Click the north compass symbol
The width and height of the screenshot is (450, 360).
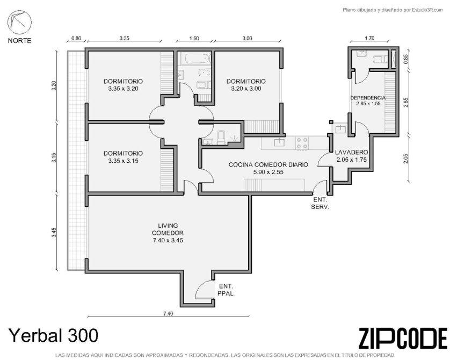[x=19, y=23]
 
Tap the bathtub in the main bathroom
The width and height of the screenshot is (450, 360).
[x=198, y=59]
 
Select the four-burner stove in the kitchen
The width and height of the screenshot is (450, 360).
[x=302, y=143]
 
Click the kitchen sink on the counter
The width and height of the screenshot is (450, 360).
[x=279, y=142]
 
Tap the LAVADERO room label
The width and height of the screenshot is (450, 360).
[x=351, y=152]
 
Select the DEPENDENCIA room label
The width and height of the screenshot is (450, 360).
[x=368, y=98]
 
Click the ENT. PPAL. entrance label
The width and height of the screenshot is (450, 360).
[x=227, y=290]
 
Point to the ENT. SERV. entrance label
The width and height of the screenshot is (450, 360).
[x=320, y=203]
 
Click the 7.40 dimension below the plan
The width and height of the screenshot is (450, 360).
[x=168, y=313]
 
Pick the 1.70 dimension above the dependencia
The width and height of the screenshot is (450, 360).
[x=369, y=38]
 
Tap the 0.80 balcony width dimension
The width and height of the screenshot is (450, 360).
[x=76, y=38]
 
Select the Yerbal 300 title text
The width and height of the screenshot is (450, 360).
[x=54, y=335]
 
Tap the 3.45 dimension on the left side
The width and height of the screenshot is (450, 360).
[x=54, y=233]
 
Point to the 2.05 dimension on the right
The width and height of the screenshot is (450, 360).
[x=405, y=159]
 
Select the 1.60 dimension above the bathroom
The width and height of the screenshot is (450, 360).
[x=194, y=38]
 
